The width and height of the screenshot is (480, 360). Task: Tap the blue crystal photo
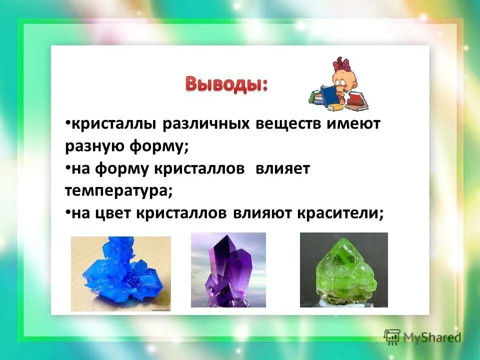point(121,274)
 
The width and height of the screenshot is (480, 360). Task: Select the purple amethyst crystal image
point(228,270)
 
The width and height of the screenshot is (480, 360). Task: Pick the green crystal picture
point(343,270)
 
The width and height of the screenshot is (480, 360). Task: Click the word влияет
point(282,169)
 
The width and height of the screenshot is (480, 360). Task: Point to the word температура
point(118,191)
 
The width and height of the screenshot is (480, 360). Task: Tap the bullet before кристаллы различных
point(67,123)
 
